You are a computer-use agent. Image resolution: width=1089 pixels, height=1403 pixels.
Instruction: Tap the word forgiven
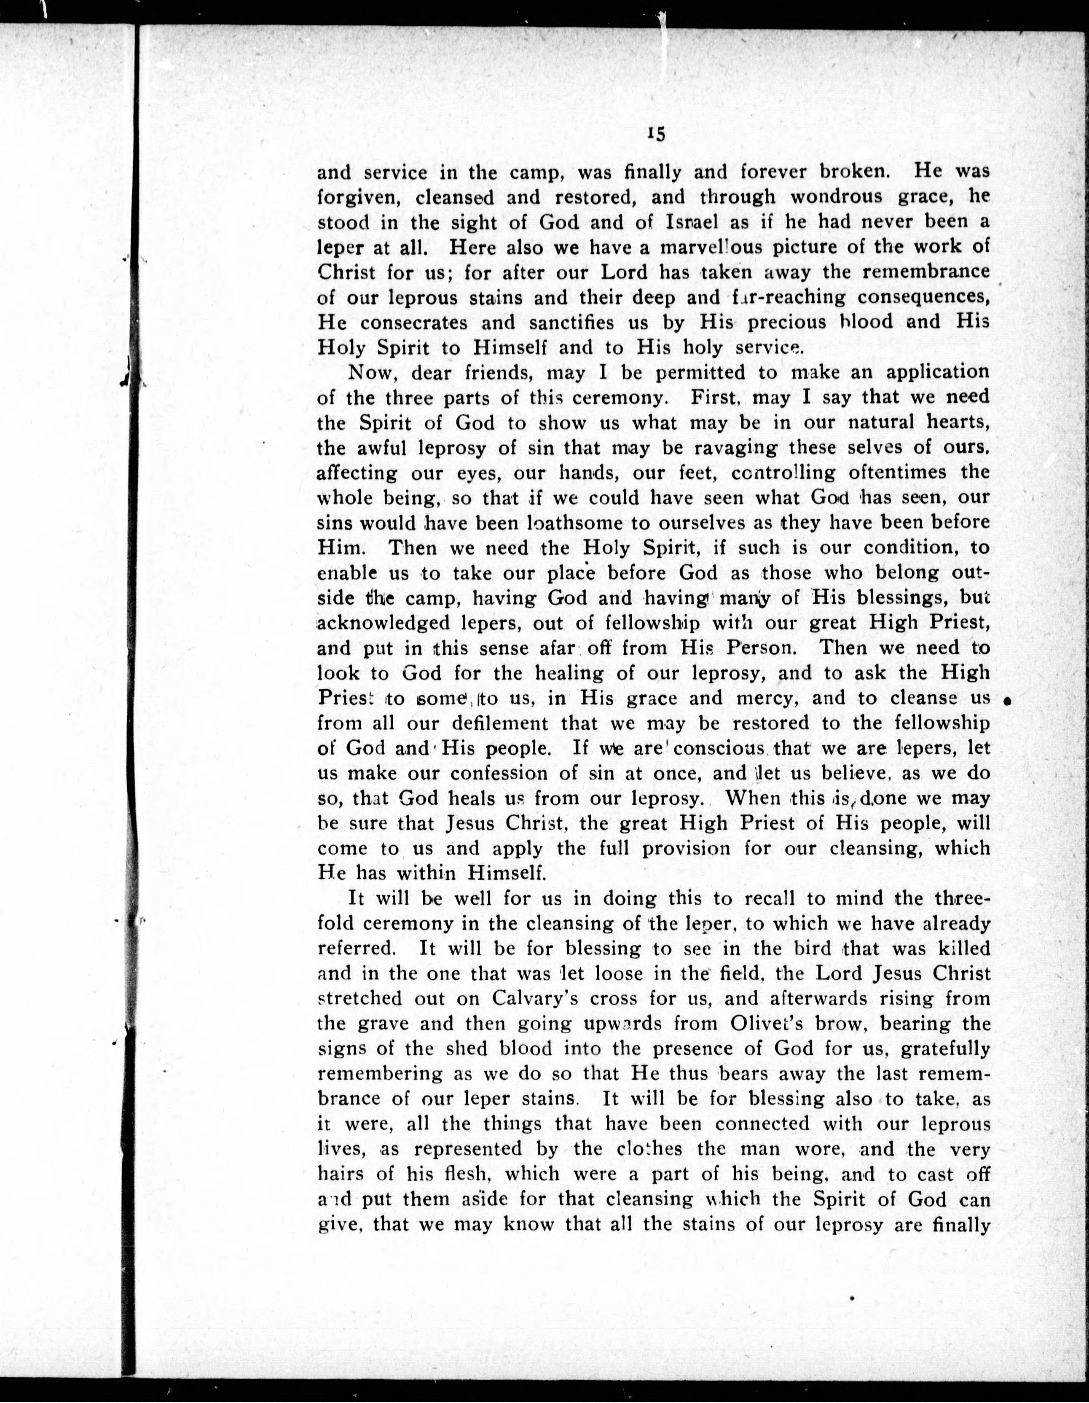359,197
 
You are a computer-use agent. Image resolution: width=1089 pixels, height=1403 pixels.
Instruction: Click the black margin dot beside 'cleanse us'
1008,702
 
